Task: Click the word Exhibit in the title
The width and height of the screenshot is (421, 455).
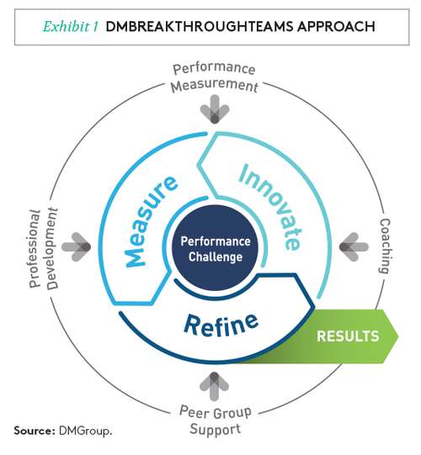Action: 67,27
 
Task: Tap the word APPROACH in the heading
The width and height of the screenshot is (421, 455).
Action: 336,27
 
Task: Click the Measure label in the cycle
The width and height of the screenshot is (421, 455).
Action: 151,221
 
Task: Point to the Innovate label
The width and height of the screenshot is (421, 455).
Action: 270,207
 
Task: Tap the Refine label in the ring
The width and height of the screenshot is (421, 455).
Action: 221,324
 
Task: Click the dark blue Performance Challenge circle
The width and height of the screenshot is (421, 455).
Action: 216,249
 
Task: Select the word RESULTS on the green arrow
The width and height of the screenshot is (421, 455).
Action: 348,336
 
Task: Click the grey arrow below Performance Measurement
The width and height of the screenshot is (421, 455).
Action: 215,109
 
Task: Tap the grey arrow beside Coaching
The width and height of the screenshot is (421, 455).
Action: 354,247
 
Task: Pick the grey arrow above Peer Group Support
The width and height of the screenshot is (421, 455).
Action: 215,387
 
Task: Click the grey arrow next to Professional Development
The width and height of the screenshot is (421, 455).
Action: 76,247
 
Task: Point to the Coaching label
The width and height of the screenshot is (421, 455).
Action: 385,246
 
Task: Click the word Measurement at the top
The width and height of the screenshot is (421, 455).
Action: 215,86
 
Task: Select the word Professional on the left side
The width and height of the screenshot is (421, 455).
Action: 35,248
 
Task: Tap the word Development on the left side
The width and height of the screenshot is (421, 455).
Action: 52,248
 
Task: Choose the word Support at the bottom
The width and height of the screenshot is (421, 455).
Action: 215,429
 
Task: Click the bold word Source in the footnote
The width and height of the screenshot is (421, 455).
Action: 35,431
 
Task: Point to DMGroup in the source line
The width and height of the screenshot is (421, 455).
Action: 85,431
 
